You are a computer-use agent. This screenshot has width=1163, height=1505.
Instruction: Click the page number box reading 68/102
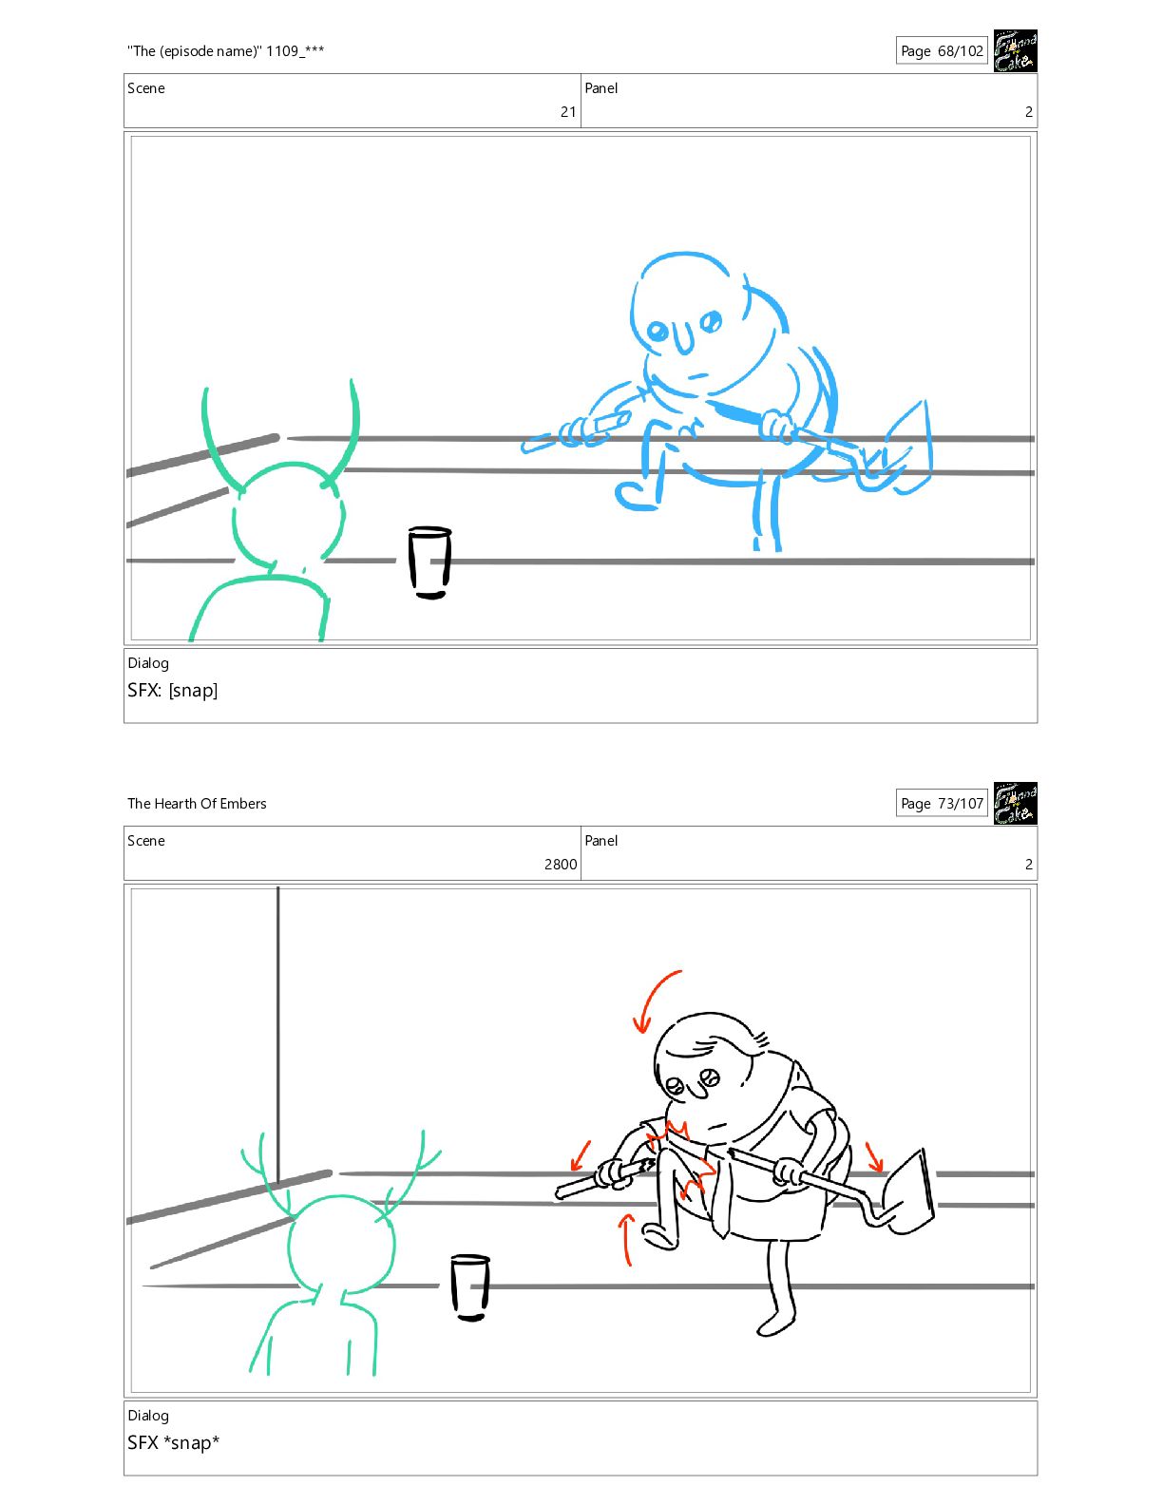[942, 50]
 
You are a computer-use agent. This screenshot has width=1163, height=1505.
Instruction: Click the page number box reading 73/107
[942, 804]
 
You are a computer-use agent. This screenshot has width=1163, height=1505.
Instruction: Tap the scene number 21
[568, 111]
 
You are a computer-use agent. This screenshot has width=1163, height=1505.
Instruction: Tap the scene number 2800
[561, 865]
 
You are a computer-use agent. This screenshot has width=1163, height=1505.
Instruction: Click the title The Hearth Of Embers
[197, 804]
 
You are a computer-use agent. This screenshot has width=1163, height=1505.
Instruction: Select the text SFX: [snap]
[173, 691]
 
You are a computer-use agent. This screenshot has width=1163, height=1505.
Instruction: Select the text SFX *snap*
[173, 1442]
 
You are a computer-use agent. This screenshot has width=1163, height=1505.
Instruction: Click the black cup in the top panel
[429, 562]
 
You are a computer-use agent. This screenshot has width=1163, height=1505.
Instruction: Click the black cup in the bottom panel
[470, 1287]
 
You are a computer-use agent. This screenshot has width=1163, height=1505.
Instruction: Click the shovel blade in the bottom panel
[910, 1191]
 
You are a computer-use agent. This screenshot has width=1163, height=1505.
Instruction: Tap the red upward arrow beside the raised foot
[627, 1239]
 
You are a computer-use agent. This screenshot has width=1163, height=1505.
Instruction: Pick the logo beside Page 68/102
[1016, 50]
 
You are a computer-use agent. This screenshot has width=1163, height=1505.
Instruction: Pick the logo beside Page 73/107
[1016, 804]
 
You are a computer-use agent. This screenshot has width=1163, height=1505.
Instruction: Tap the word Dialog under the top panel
[148, 663]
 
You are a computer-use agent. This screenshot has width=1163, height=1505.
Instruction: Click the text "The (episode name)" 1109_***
[226, 51]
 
